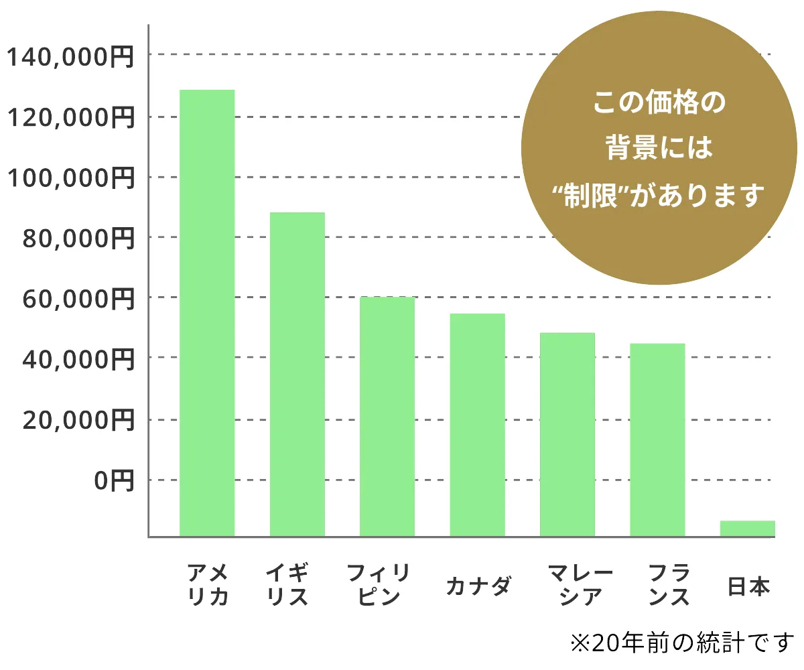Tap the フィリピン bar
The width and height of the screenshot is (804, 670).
[387, 416]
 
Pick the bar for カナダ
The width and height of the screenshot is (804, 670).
[477, 425]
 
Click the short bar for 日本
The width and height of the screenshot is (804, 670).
[747, 529]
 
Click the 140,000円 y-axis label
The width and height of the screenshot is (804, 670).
[70, 56]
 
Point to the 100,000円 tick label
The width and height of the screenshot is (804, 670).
[70, 178]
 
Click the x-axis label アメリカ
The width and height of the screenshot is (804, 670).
[207, 584]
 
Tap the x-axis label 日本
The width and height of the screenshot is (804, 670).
[749, 587]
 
